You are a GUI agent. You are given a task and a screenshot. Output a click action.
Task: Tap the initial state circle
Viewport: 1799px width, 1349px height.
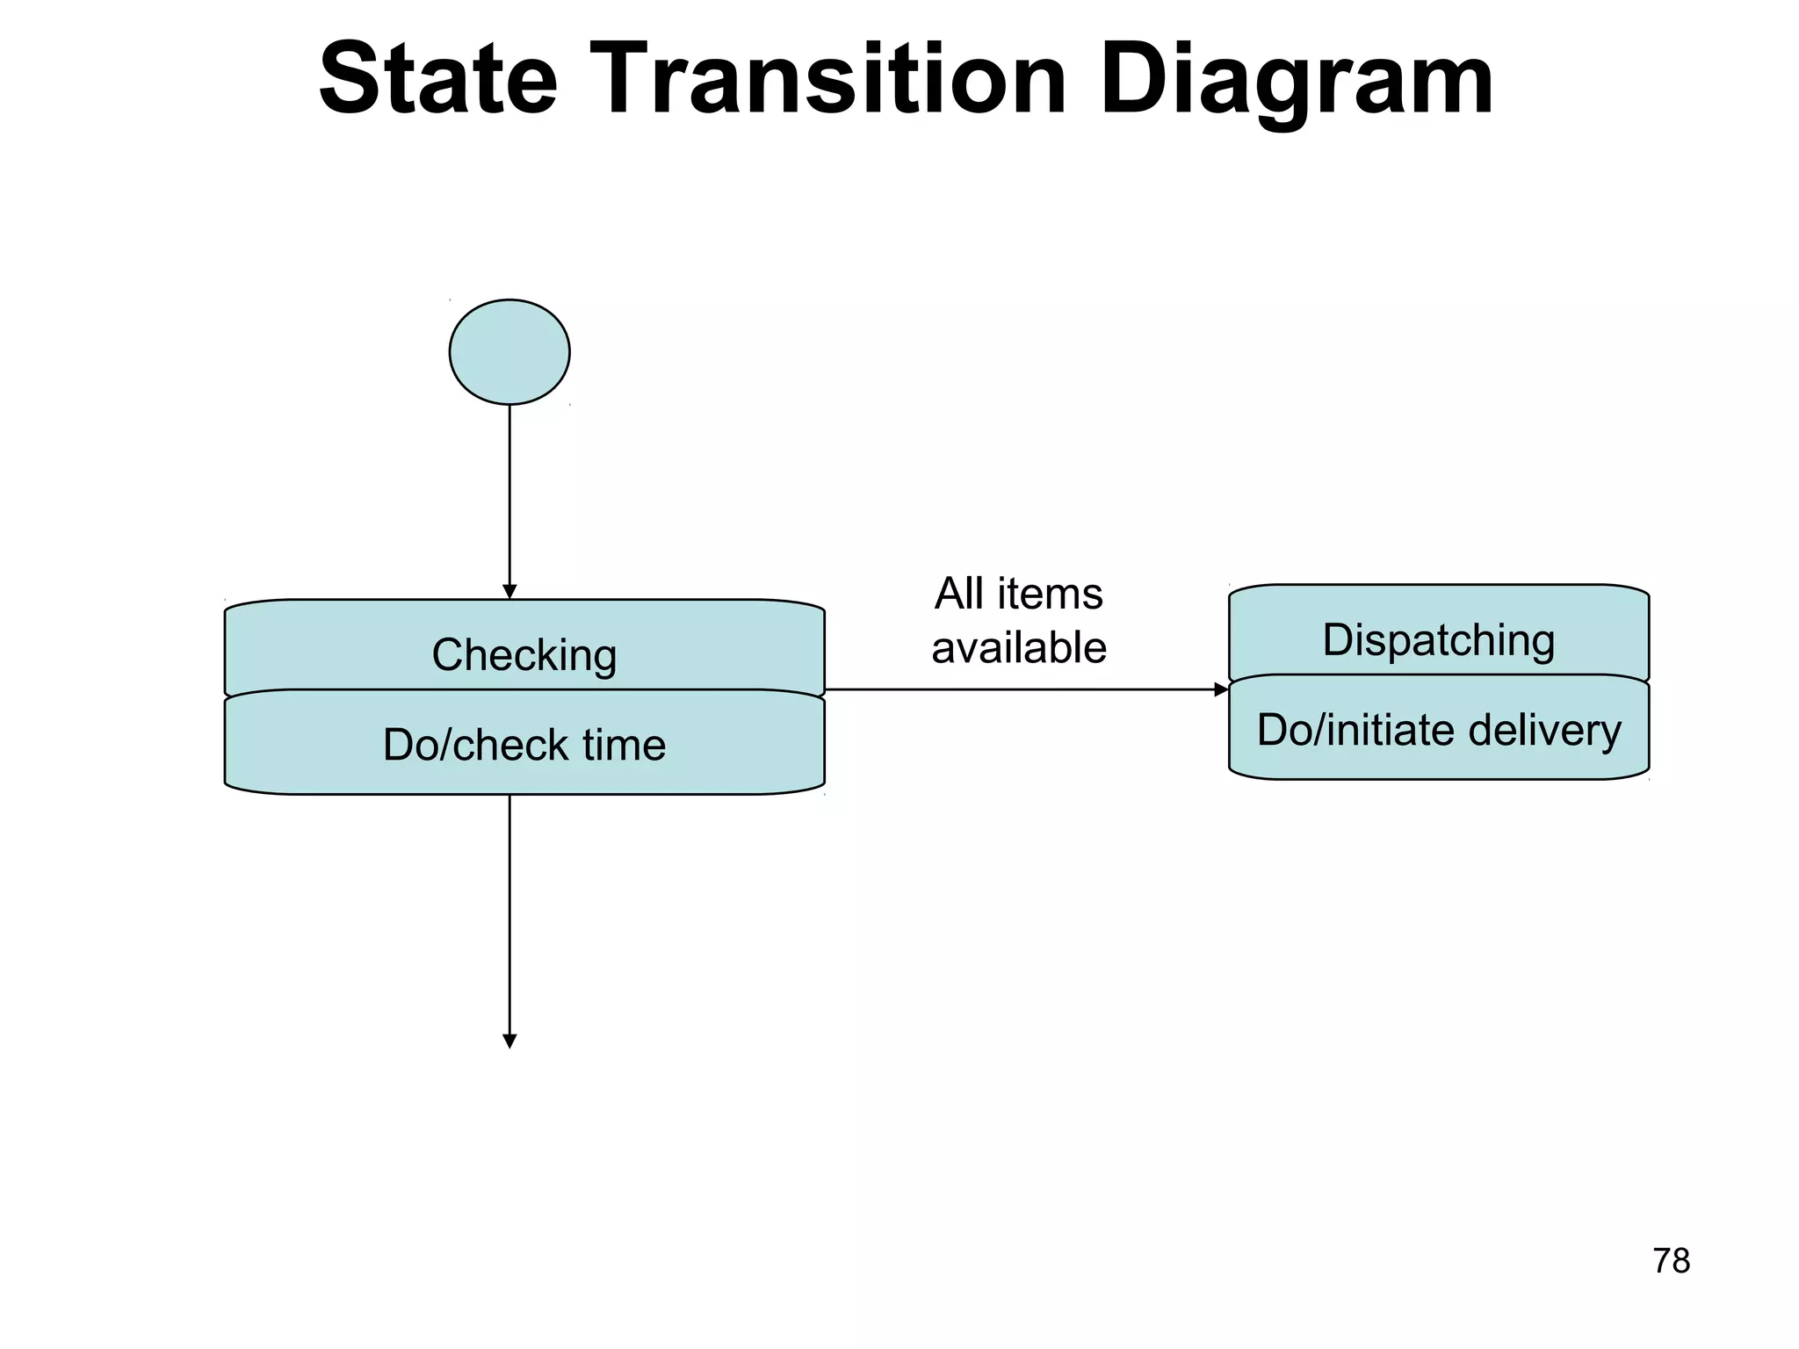509,352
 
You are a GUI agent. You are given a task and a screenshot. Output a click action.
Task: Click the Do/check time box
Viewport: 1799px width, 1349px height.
524,744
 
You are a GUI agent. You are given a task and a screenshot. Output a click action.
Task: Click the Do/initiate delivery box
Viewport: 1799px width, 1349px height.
1438,729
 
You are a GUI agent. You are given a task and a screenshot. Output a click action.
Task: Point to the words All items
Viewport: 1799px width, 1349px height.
1018,594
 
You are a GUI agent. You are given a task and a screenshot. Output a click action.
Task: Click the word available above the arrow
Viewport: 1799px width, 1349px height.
1018,648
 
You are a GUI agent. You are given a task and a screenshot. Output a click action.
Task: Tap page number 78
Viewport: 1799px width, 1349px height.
1671,1261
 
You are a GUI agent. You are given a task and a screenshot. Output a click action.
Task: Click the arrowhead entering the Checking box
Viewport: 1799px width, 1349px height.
509,592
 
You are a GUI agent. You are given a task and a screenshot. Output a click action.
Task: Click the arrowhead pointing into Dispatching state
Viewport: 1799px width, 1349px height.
1221,689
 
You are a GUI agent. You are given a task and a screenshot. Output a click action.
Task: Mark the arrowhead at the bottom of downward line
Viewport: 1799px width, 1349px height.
509,1042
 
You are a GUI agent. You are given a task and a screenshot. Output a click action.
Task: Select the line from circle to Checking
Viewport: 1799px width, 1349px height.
509,492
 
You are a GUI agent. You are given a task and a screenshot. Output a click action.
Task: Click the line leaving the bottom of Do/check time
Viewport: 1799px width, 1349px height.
509,913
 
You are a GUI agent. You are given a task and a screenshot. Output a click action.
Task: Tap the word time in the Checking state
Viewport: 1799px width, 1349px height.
624,745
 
